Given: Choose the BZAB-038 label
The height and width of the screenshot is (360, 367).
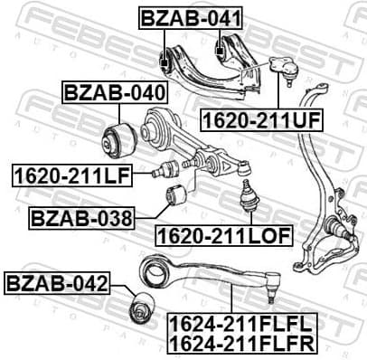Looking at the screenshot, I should coord(81,217).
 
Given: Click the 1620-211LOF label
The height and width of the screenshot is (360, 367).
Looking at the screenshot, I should coord(223,236).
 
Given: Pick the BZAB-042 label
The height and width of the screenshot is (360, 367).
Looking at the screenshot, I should coord(57,286).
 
